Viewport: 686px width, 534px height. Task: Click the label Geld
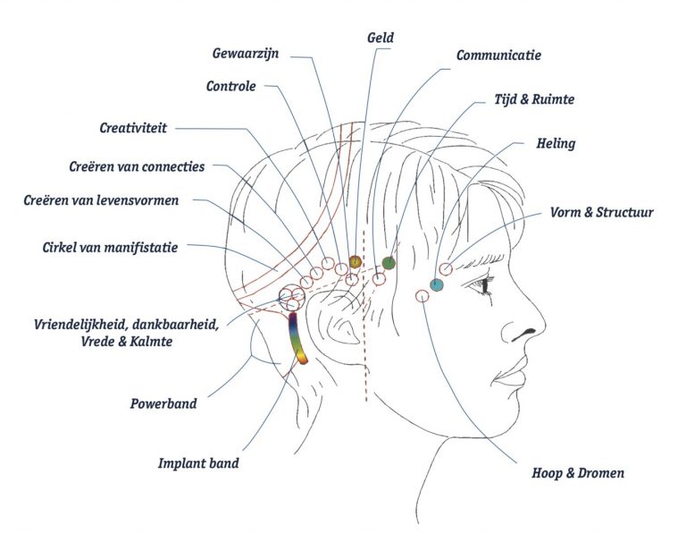pos(381,38)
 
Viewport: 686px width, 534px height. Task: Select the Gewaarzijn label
pos(246,54)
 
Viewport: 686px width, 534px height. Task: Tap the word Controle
pos(231,86)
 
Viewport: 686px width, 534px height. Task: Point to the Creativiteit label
pos(133,128)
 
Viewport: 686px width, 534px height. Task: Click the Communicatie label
pos(498,55)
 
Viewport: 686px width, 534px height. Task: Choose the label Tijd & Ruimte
pos(534,99)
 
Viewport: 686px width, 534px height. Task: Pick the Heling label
pos(556,143)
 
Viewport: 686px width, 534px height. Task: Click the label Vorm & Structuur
pos(601,213)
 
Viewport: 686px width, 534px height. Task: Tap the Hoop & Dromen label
pos(578,473)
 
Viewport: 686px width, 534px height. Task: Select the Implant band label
pos(198,463)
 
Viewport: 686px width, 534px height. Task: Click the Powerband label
pos(163,403)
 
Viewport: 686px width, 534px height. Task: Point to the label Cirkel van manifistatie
pos(110,248)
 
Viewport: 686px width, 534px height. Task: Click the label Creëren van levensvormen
pos(101,200)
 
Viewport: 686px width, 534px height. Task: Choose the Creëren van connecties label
pos(137,167)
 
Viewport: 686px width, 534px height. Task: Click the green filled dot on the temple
pos(389,263)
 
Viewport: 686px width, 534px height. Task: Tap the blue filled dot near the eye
pos(437,285)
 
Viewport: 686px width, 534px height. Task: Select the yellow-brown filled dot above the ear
pos(356,261)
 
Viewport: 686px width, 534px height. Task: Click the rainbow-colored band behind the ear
pos(297,338)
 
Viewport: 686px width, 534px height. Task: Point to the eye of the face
pos(482,285)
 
